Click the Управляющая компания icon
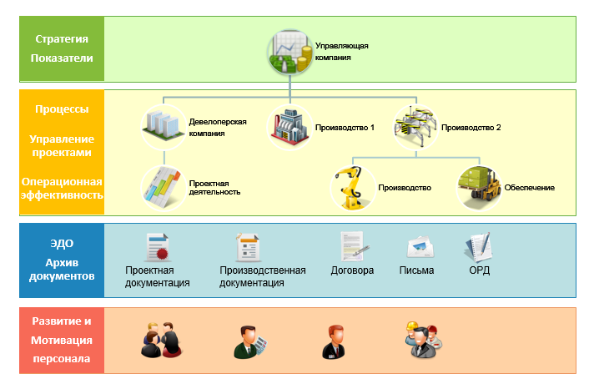[x=289, y=53]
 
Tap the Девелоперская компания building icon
[x=164, y=124]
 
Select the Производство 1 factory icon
[x=289, y=126]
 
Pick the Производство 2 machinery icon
[x=415, y=124]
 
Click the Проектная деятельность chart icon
[x=164, y=186]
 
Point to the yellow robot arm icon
[x=352, y=187]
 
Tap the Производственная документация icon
[x=248, y=248]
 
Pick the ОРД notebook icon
[x=478, y=247]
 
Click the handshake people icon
[x=161, y=339]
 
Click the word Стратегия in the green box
[x=62, y=39]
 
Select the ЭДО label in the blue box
[x=62, y=244]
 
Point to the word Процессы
[x=62, y=109]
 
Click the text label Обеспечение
[x=529, y=188]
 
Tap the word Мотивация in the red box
[x=62, y=341]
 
